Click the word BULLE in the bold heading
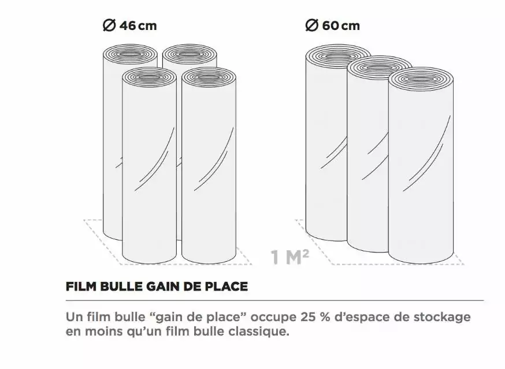(x=117, y=286)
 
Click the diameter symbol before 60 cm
(x=312, y=25)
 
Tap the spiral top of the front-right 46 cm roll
(x=208, y=77)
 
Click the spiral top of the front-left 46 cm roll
(x=149, y=77)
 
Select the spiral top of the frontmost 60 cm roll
(x=421, y=78)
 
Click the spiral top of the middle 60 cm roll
(x=379, y=65)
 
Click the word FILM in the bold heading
(x=80, y=286)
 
